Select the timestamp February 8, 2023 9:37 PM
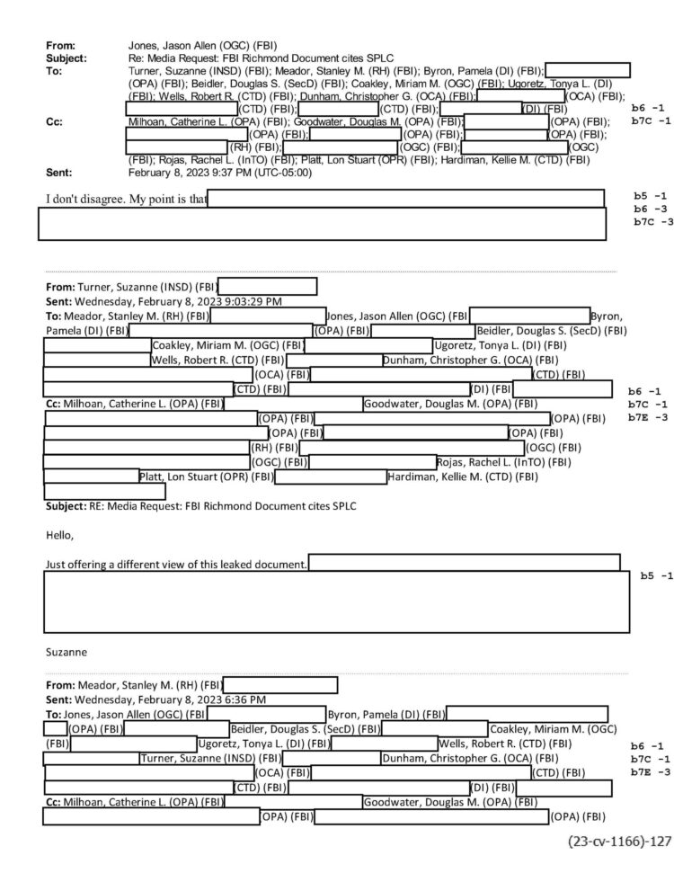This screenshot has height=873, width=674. click(220, 173)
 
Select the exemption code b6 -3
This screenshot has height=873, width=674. click(650, 208)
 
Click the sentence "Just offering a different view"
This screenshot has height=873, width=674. click(176, 565)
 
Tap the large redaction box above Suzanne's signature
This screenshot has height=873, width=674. click(336, 601)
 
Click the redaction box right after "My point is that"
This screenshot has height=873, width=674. click(406, 199)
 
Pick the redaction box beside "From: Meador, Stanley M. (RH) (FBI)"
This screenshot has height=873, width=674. click(279, 685)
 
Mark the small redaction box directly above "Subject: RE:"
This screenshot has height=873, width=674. click(104, 492)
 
